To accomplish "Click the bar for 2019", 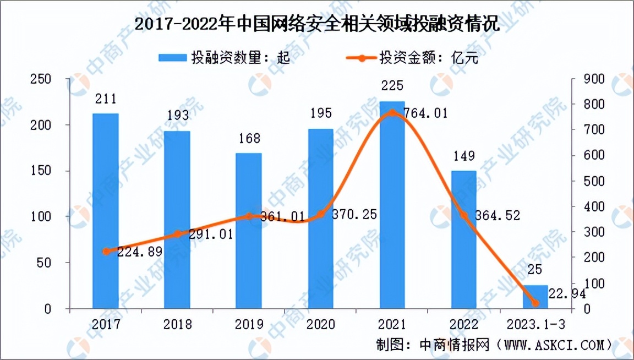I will pyautogui.click(x=249, y=231).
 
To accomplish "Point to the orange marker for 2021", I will pyautogui.click(x=392, y=113).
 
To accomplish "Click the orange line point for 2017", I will pyautogui.click(x=106, y=252).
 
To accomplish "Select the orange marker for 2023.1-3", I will pyautogui.click(x=534, y=303).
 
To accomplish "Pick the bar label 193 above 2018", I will pyautogui.click(x=177, y=116).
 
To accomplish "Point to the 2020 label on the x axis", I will pyautogui.click(x=320, y=324).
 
